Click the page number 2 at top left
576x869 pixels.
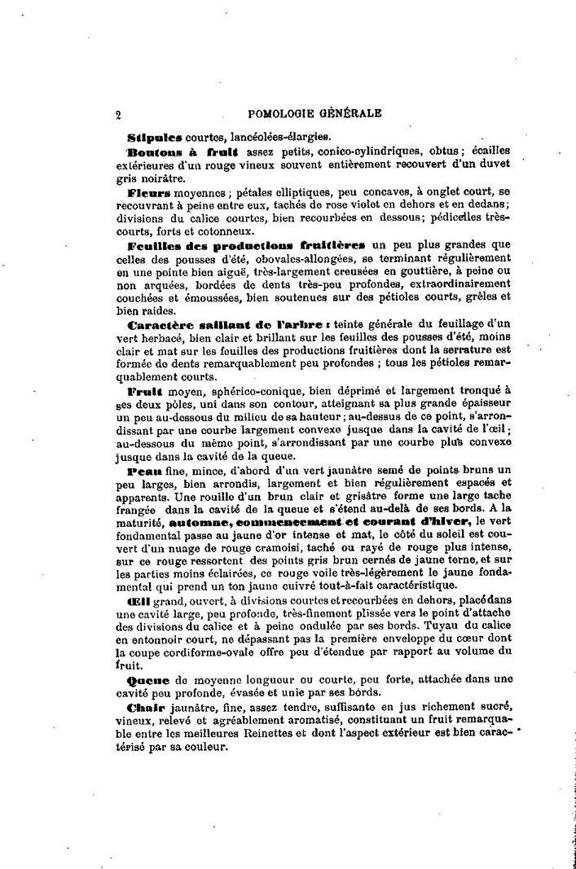coord(119,115)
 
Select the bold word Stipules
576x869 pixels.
coord(155,136)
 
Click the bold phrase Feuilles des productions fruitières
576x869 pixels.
coord(248,244)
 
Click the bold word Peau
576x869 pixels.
coord(143,471)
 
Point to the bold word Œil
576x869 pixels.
coord(138,600)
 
